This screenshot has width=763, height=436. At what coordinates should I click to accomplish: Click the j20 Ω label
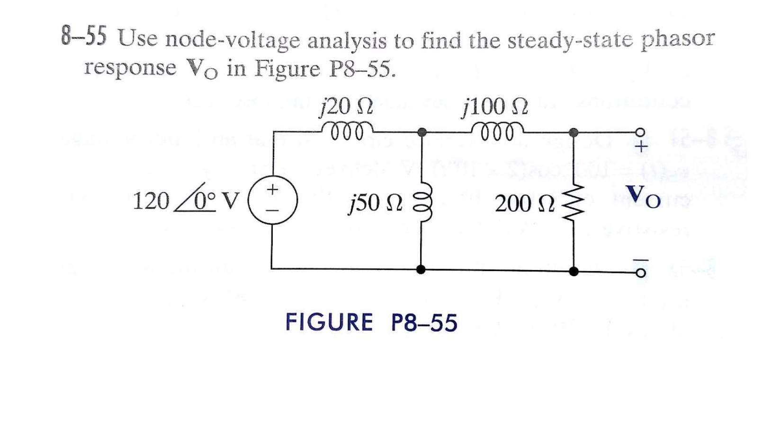click(346, 106)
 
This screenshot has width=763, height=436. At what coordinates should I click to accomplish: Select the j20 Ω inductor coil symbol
click(347, 130)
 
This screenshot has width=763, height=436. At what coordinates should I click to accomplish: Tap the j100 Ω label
click(495, 106)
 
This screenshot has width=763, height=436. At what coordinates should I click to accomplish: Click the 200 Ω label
click(525, 204)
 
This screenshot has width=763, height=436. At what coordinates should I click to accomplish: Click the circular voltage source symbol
click(272, 201)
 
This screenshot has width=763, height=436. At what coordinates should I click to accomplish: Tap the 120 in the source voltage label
click(151, 201)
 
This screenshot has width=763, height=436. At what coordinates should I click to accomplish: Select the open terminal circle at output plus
click(640, 132)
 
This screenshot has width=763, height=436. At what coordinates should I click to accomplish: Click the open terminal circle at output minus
click(640, 274)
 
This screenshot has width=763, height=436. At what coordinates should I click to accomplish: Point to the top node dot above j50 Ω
click(422, 132)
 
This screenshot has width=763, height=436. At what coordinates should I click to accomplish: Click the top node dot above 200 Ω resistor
click(573, 132)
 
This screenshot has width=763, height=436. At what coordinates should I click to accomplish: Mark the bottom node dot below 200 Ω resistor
click(574, 271)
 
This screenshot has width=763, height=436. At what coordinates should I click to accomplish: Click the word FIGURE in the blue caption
click(329, 323)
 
